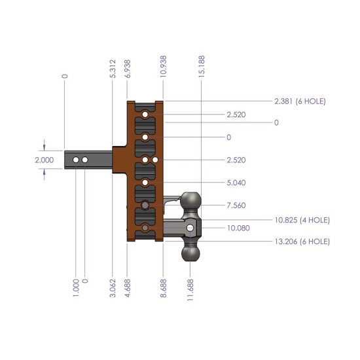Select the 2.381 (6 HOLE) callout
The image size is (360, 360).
coord(300,101)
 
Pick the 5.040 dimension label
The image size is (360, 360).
coord(237,183)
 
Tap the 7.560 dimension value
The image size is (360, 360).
coord(237,205)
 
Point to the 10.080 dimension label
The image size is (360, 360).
coord(238,228)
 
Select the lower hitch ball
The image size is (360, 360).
coord(190,253)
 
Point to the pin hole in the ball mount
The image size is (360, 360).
coord(190,227)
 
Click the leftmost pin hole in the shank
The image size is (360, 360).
coord(77,160)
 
